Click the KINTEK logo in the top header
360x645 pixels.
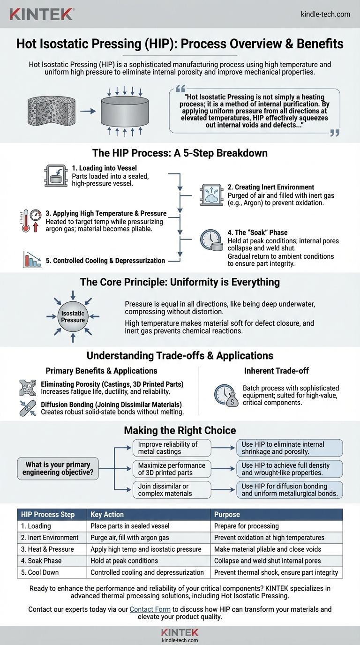41,14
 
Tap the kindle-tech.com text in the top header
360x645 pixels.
325,14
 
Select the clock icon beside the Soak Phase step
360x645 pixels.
210,240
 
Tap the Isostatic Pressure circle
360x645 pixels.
73,316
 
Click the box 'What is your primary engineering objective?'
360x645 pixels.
59,468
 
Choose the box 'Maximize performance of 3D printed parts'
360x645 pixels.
172,468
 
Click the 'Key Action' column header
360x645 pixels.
107,514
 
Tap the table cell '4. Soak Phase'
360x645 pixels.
41,561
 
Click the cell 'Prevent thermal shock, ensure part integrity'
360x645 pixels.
276,572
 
